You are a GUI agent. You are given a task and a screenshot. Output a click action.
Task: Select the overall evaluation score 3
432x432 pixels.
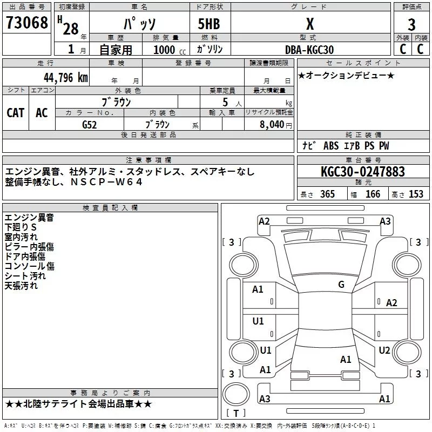[x=411, y=25]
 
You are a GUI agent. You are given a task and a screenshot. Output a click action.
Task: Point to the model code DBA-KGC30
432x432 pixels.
[x=309, y=50]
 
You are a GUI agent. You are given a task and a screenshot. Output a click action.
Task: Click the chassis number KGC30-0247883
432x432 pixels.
[x=362, y=172]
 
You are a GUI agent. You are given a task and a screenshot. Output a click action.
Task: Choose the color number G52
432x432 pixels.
[x=89, y=124]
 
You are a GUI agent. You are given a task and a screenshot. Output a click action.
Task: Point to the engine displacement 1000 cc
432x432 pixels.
[x=169, y=50]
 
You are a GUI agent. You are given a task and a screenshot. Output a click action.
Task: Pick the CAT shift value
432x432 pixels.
[x=16, y=112]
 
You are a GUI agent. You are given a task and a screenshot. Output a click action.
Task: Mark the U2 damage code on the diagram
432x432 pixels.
[x=384, y=350]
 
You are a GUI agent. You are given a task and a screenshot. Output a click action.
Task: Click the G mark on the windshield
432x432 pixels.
[x=341, y=284]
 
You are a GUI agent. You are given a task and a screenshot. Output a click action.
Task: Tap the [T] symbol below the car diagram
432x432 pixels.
[x=236, y=414]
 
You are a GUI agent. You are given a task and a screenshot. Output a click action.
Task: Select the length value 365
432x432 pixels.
[x=327, y=194]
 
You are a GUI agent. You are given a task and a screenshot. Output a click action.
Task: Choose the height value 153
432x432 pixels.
[x=416, y=194]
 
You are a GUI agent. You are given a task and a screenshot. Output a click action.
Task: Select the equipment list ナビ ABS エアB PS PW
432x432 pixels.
[x=346, y=146]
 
